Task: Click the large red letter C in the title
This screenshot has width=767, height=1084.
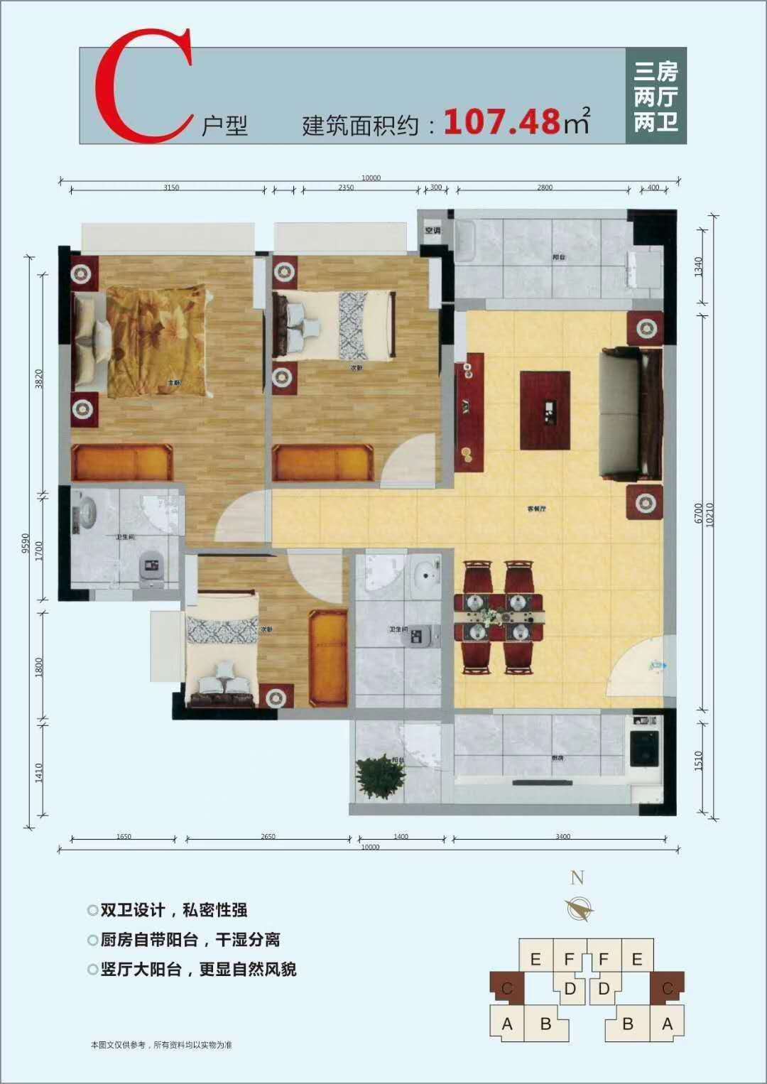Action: coord(142,87)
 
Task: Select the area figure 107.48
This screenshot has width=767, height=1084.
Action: coord(502,121)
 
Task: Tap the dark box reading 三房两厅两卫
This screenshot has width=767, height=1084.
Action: coord(656,96)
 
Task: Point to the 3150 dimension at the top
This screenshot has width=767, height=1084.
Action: coord(171,188)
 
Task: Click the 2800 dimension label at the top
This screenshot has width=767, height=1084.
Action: coord(545,188)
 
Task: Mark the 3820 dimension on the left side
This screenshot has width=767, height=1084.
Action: coord(40,378)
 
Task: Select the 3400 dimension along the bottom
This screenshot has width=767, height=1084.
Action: coord(562,837)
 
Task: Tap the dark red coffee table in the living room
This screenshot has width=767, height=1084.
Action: coord(545,410)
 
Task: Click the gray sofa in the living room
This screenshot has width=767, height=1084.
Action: coord(631,413)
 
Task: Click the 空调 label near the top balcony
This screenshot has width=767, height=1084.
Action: coord(433,230)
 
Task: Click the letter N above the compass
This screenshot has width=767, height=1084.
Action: coord(577,878)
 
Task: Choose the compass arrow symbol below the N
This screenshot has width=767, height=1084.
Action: coord(580,909)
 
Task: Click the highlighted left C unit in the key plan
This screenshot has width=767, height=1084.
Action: coord(507,987)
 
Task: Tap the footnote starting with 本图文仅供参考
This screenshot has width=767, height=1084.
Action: coord(161,1045)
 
